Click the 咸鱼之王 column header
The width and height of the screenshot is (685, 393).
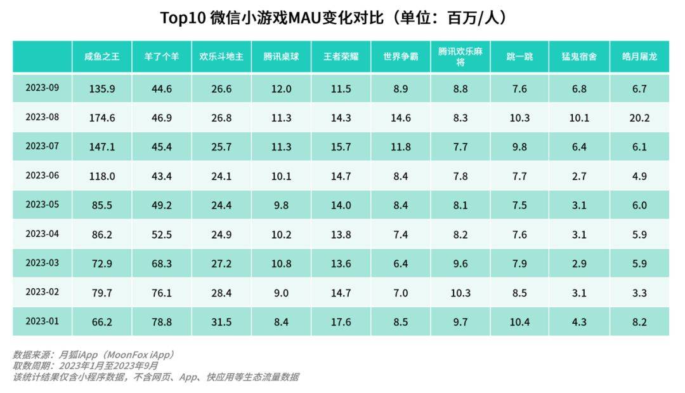[x=102, y=57]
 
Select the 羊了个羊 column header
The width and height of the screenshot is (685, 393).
[x=162, y=57]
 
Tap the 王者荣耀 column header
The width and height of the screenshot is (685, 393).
[x=341, y=57]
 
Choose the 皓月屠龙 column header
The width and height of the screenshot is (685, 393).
[x=639, y=57]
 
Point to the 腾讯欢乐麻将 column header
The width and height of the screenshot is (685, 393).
[x=460, y=57]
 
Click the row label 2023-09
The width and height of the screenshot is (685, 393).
[x=42, y=88]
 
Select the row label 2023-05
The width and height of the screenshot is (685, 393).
[x=42, y=204]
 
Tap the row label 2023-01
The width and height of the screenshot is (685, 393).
[x=42, y=321]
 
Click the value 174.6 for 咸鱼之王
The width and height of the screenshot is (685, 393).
[x=102, y=118]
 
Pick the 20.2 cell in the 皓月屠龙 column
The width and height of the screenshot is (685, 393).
[x=639, y=118]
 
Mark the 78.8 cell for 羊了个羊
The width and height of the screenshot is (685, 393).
[x=162, y=323]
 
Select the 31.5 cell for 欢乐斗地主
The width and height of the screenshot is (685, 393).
[x=221, y=323]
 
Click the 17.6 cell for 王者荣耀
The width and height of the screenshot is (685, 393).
[x=341, y=323]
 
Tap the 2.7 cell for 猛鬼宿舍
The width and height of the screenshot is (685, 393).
[x=579, y=177]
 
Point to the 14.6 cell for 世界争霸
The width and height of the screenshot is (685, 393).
[x=400, y=118]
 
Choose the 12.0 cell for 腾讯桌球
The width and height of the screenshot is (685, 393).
[x=281, y=89]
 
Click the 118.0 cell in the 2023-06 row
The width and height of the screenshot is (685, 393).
[x=102, y=177]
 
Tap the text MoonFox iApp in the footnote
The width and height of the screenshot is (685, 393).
[x=139, y=354]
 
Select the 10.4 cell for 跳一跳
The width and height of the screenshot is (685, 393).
[x=519, y=323]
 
